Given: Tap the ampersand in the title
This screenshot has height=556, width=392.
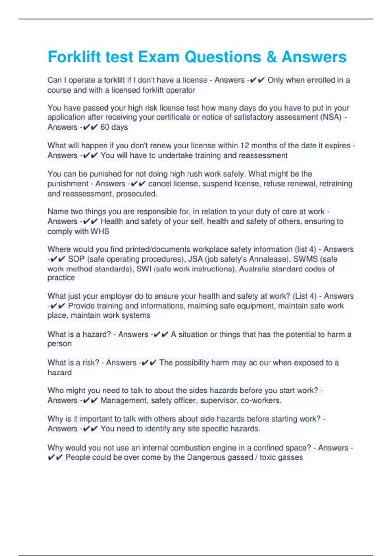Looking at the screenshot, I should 271,57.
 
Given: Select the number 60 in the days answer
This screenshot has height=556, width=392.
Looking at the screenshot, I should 105,127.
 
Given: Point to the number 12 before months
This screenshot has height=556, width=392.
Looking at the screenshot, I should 245,146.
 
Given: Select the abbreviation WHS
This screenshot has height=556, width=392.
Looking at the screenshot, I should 100,231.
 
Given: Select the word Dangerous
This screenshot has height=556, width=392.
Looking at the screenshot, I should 203,457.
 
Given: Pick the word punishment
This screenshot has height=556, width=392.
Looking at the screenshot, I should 68,184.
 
